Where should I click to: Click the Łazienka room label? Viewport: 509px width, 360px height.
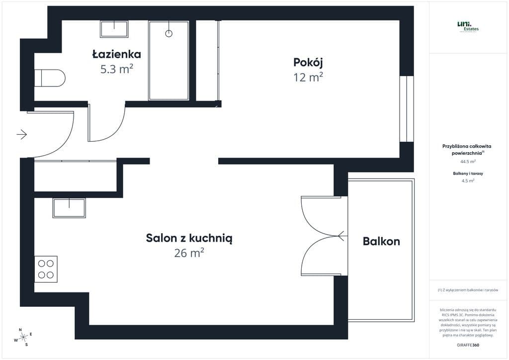pos(117,54)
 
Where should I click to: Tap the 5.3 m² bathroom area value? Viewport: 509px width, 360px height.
pos(117,69)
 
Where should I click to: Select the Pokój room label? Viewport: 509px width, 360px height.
pos(308,62)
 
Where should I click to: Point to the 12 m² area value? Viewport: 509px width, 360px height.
pos(308,77)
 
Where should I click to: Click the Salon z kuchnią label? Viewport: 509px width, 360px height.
pos(189,238)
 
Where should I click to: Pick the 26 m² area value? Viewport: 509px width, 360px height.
pos(189,253)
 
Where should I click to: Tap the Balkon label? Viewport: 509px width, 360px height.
pos(381,242)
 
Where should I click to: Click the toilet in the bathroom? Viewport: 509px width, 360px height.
pos(50,78)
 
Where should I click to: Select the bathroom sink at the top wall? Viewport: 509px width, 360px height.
pos(114,29)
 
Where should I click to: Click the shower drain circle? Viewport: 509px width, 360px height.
pos(169,33)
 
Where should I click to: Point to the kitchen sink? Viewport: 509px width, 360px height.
pos(69,207)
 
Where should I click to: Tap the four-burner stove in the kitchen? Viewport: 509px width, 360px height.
pos(46,269)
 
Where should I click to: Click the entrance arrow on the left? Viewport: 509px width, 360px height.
pos(21,134)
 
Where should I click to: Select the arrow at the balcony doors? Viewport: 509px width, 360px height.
pos(341,235)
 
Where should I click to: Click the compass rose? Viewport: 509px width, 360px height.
pos(23,337)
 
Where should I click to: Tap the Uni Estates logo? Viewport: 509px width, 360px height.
pos(467,26)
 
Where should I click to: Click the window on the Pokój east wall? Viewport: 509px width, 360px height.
pos(407,109)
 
